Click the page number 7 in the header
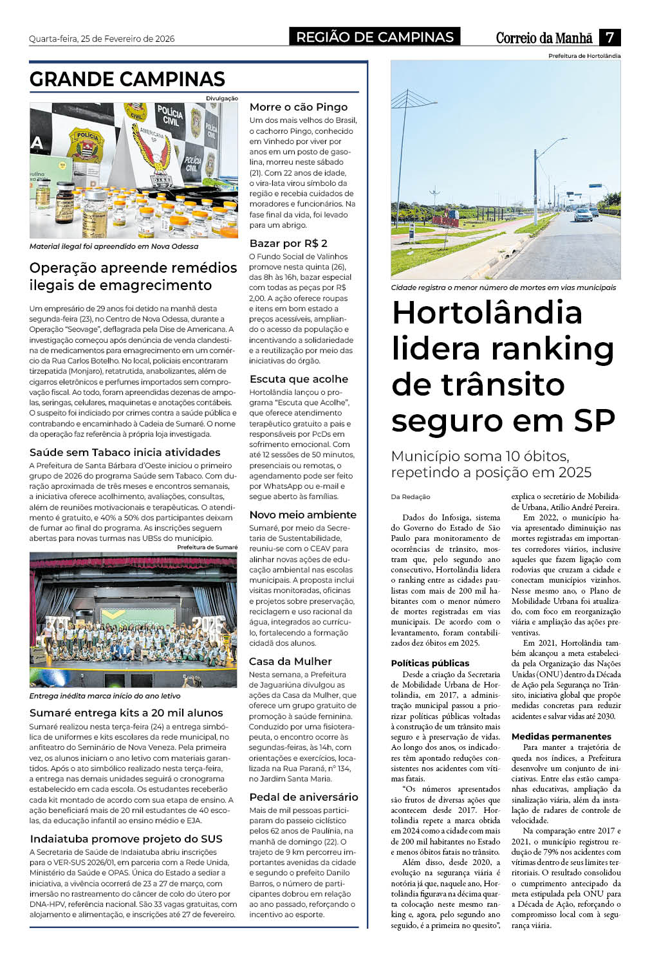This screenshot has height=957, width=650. [609, 37]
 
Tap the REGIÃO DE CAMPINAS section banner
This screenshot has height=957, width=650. [375, 37]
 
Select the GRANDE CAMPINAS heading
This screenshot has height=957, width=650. [127, 79]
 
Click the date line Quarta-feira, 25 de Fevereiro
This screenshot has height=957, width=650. [102, 39]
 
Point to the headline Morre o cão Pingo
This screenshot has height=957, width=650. [298, 107]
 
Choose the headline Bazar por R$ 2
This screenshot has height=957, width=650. [288, 243]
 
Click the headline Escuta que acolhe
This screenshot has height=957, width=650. [299, 379]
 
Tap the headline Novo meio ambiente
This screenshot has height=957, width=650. [302, 515]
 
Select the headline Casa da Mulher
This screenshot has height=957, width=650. [290, 661]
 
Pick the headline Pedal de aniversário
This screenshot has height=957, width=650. [303, 797]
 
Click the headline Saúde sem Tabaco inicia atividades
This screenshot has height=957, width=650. [125, 452]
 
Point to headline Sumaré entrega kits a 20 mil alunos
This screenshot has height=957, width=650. [126, 713]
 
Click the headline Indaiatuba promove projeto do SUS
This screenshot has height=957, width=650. [126, 839]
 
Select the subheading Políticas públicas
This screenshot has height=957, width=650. [430, 663]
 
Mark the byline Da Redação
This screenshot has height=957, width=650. [411, 497]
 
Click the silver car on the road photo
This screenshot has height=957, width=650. [583, 215]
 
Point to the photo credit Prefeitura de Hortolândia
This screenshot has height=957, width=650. [584, 56]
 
